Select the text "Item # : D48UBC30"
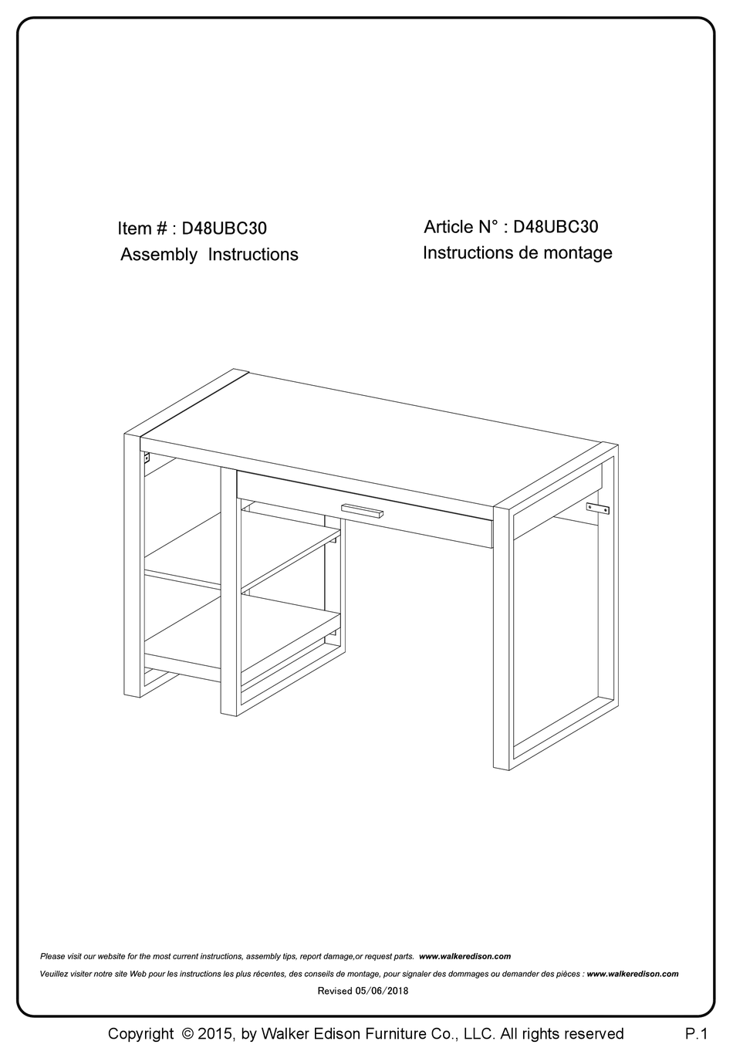point(192,228)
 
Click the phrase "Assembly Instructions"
point(209,255)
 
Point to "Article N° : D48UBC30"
point(511,227)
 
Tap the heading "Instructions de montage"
point(517,253)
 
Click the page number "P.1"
point(696,1033)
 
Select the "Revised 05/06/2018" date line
point(363,991)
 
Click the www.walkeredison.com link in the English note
point(464,956)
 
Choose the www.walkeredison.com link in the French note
point(633,974)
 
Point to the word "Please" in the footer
point(52,956)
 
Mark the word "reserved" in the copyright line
point(593,1033)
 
